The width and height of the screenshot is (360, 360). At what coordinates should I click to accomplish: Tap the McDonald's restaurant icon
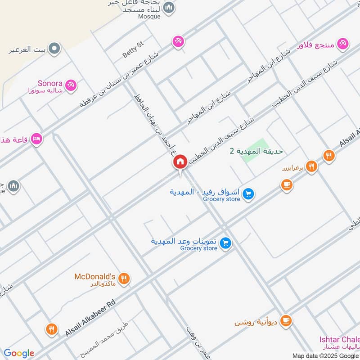pos(125,279)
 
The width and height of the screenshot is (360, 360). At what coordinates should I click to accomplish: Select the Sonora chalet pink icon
pos(71,85)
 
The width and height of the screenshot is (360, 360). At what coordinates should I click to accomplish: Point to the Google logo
pos(18,353)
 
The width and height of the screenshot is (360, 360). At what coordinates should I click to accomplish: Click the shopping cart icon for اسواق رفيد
pos(248,194)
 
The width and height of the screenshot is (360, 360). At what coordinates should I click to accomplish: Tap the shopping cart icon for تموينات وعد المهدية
pos(226,243)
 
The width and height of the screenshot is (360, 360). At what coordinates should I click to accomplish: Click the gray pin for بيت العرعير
pos(54,48)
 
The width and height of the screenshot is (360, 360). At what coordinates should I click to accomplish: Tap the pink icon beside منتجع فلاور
pos(344,44)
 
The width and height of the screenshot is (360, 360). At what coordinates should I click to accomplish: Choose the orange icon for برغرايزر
pos(311,167)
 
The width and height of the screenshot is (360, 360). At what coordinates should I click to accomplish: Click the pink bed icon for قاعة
pos(37,139)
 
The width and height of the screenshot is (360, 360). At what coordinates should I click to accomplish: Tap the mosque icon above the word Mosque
pos(169,7)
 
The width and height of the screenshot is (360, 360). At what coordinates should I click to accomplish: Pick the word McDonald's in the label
pos(95,276)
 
